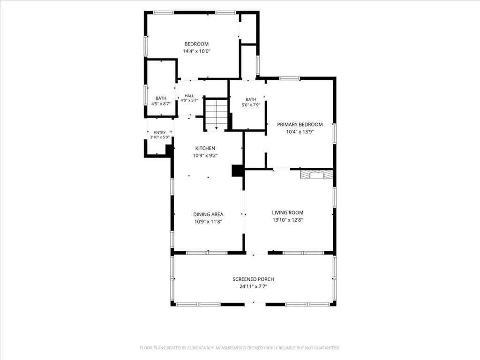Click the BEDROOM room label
click(196, 44)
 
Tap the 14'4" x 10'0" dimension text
click(196, 52)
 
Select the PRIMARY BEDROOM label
click(300, 125)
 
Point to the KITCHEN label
click(205, 149)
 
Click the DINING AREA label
click(208, 215)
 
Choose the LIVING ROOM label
click(288, 213)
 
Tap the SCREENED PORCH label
click(253, 279)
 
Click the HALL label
click(189, 96)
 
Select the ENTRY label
click(160, 133)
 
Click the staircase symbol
click(217, 114)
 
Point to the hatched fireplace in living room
click(316, 174)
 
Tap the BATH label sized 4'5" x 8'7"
click(161, 98)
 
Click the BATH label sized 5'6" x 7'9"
click(251, 99)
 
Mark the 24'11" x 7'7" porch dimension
click(254, 287)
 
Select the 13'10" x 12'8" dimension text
click(288, 220)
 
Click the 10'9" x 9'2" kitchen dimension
click(205, 156)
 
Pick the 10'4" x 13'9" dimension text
click(300, 132)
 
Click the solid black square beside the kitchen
click(237, 171)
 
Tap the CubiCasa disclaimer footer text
click(240, 348)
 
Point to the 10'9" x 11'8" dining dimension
click(208, 222)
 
